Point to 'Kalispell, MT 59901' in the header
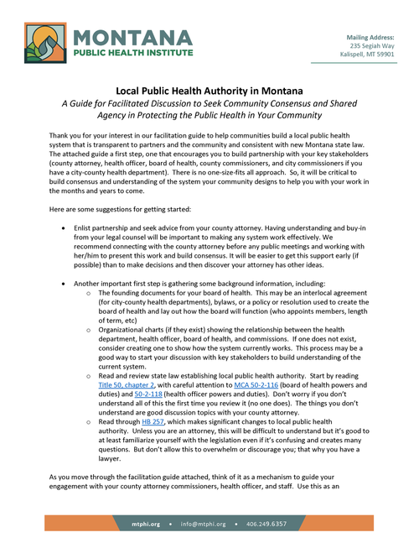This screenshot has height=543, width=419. [x=368, y=55]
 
